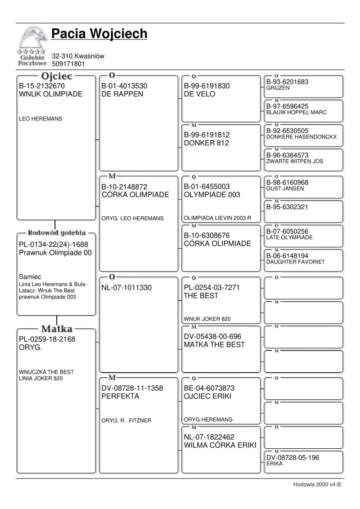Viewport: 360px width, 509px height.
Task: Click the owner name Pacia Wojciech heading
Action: tap(99, 34)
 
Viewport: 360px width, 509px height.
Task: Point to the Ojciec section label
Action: tap(57, 76)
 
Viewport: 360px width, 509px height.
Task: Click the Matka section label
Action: tap(57, 329)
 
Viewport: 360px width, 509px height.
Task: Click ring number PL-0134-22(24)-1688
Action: tap(54, 245)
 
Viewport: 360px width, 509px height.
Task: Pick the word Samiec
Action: tap(30, 277)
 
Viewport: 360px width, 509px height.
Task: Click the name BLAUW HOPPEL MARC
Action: tap(296, 112)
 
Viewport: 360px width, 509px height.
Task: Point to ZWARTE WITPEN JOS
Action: tap(294, 161)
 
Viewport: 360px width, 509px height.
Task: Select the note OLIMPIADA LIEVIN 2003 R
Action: tap(217, 218)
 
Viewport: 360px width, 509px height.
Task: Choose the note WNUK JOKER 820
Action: tap(207, 319)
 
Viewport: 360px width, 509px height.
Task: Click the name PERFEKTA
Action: tap(120, 397)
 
